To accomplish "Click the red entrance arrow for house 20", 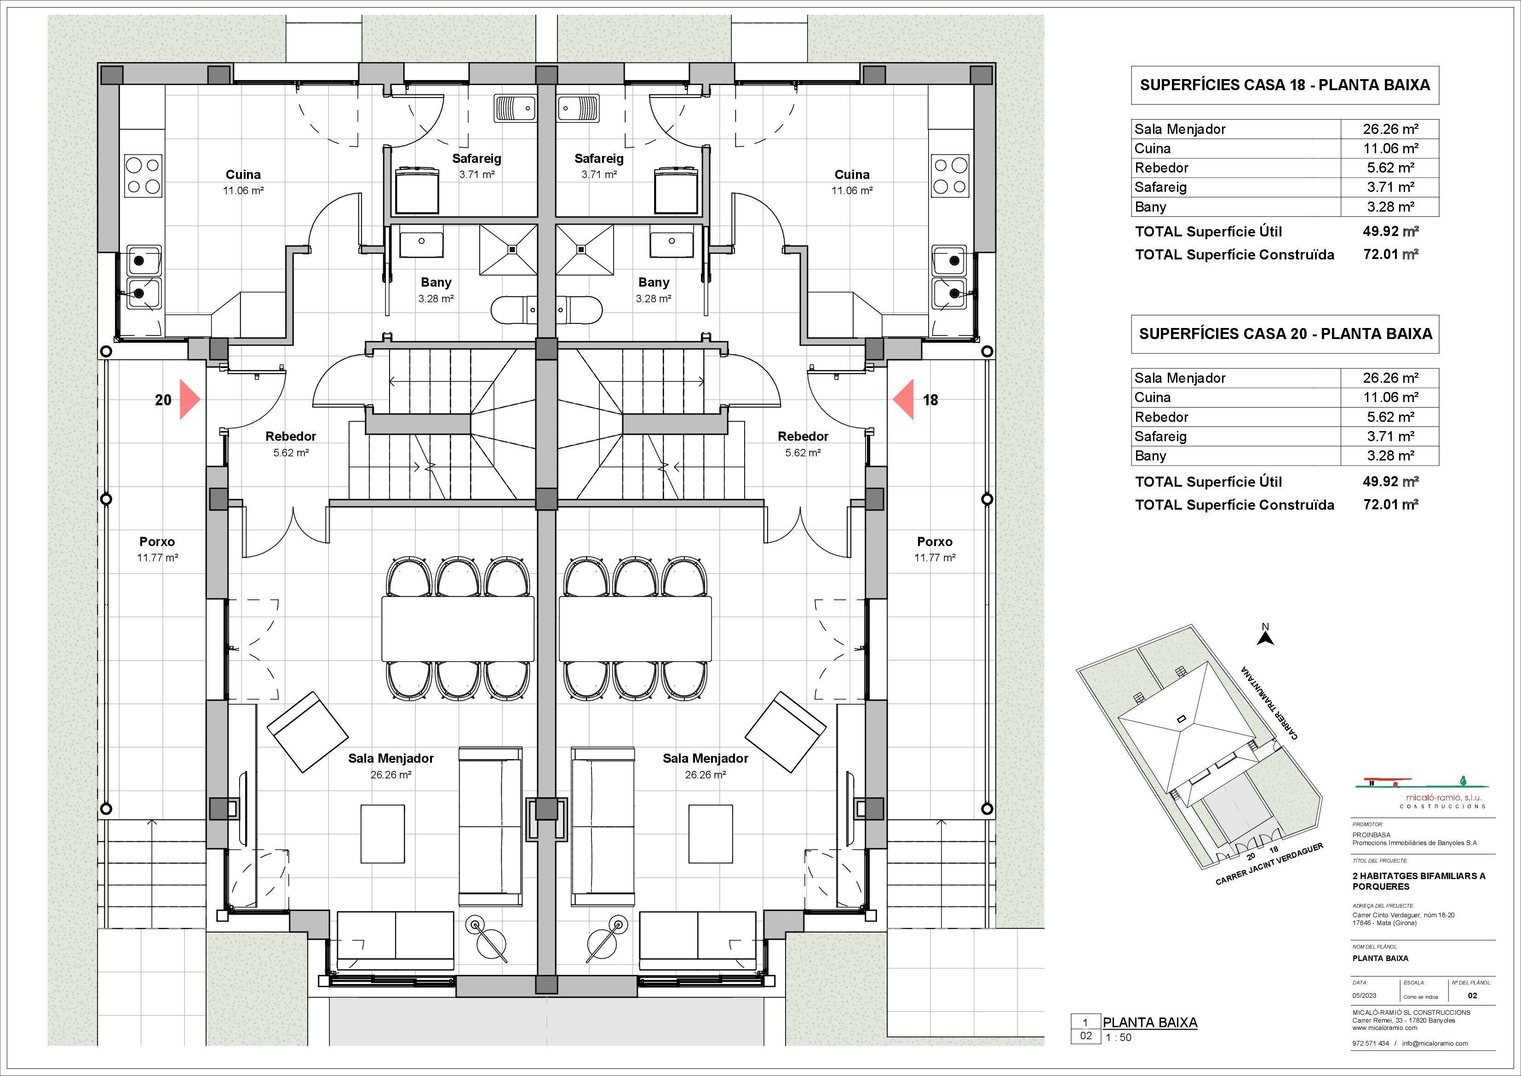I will point(188,399).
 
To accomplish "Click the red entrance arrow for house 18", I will point(905,399).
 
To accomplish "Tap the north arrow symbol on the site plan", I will point(1265,638).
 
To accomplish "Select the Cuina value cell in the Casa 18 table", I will point(1390,149).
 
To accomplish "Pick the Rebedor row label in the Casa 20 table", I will point(1161,417).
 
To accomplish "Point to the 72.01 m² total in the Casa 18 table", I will point(1390,254).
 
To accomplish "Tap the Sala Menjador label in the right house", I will point(705,758).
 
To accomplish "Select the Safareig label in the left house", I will point(476,158).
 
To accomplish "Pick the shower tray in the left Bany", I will point(508,249).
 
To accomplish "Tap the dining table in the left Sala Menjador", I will point(457,628).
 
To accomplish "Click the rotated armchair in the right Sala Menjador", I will point(786,731).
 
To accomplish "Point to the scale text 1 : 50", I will point(1118,1037).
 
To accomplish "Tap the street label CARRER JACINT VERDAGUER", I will point(1268,865).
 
